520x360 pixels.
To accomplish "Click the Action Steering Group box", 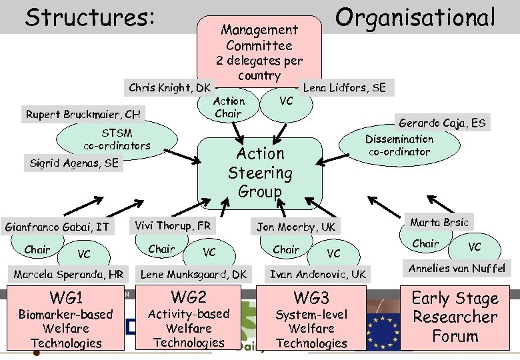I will click(x=261, y=172).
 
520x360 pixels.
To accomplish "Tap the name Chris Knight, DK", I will click(x=169, y=87).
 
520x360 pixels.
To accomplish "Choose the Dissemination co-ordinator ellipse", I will click(x=399, y=145).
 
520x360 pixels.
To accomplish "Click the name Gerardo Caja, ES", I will click(x=442, y=123).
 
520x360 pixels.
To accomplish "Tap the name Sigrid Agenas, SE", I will click(x=73, y=162).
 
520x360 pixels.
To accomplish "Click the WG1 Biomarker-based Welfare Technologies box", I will click(x=65, y=319).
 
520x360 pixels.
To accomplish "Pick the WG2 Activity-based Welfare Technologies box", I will click(x=188, y=318).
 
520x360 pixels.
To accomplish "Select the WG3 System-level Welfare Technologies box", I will click(x=311, y=319).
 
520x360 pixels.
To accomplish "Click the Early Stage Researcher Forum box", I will click(x=455, y=317).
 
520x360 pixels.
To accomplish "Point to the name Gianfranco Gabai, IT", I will click(x=57, y=227).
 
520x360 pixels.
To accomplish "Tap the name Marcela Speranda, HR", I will click(x=69, y=274).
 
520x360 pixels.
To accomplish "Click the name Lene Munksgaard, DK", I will click(x=193, y=274).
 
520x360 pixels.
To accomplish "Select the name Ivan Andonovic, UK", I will click(x=317, y=274).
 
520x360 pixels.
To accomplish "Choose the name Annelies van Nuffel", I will click(x=457, y=269).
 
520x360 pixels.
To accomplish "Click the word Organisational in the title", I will click(x=415, y=17).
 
